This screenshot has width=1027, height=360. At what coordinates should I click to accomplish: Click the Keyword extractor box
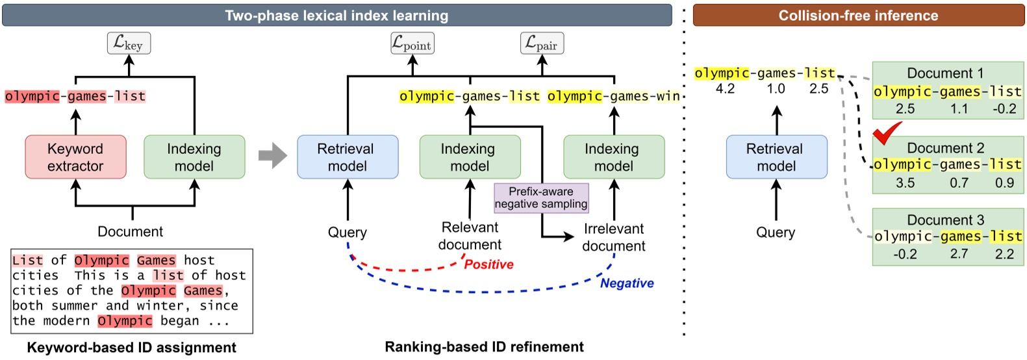tap(75, 157)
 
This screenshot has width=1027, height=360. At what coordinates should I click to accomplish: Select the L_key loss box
tap(129, 44)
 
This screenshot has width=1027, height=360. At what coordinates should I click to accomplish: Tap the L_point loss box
tap(412, 44)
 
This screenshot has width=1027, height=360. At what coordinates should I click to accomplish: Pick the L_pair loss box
tap(542, 44)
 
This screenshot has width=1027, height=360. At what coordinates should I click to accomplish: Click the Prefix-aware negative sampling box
tap(541, 198)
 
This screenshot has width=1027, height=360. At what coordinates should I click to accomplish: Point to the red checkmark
tap(887, 133)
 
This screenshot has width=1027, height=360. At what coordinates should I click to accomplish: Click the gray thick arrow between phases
tap(272, 155)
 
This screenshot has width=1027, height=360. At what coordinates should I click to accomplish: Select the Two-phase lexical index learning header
tap(336, 16)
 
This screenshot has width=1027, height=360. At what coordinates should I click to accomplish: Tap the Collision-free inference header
tap(858, 16)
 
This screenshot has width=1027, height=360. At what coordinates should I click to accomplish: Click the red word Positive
tap(488, 264)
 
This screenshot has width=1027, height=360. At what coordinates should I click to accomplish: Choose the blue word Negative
tap(627, 283)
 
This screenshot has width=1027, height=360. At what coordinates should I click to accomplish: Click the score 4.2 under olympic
tap(725, 89)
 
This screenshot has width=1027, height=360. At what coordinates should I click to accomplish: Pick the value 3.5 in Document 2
tap(905, 183)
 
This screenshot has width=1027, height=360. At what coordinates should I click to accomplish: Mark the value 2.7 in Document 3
tap(959, 254)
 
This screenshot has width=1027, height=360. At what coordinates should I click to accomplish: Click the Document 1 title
tap(945, 73)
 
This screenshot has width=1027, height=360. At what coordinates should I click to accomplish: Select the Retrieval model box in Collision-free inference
tap(776, 157)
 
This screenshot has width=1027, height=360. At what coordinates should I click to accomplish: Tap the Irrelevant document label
tap(613, 237)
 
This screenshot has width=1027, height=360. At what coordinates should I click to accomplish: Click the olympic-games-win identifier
tap(613, 96)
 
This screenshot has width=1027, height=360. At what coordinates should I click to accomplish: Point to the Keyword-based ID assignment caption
tap(131, 348)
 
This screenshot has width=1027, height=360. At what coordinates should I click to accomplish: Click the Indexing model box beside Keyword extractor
tap(194, 157)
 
